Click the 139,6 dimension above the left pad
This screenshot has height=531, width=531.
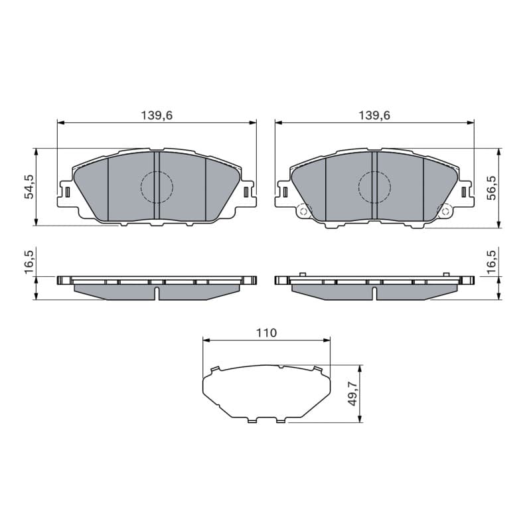point(157,115)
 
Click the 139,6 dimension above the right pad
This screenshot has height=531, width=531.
point(374,115)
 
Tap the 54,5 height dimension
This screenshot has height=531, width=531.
point(30,187)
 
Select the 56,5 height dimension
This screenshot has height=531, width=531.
point(492,188)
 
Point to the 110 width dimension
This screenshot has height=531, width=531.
point(267,333)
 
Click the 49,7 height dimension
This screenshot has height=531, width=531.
point(354,393)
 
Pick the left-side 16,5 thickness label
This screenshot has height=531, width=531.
point(30,262)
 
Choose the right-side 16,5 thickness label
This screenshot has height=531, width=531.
point(492,262)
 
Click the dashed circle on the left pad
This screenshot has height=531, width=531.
point(141,187)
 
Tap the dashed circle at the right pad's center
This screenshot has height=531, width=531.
point(358,187)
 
